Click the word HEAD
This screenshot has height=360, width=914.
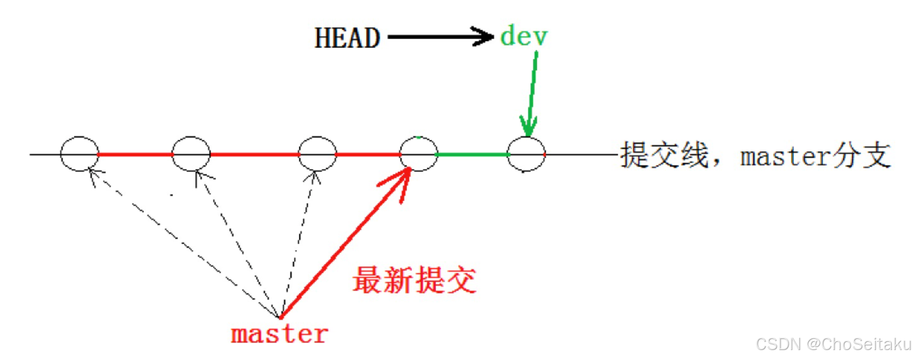(347, 38)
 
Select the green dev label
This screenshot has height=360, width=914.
(524, 37)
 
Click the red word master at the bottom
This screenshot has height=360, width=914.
(279, 335)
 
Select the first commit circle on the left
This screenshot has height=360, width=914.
(79, 154)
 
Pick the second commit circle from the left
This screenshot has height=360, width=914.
(191, 154)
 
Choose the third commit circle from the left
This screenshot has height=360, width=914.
(317, 154)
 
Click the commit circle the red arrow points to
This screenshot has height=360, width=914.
(418, 154)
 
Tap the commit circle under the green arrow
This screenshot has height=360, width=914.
(526, 154)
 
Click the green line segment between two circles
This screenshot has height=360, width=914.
(472, 154)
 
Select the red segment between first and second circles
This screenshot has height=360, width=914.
(135, 154)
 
